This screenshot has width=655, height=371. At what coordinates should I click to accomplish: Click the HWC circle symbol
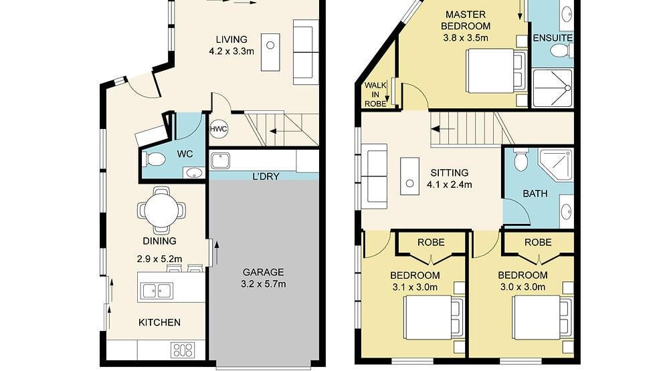pos(219,129)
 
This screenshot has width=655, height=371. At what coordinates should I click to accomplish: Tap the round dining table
pos(161,210)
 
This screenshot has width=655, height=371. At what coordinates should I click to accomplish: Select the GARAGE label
pos(264,272)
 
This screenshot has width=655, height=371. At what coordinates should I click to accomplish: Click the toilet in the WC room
pos(155,159)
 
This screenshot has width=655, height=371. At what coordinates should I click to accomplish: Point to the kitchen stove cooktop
pos(182,350)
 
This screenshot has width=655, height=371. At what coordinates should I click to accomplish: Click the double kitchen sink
pos(156,290)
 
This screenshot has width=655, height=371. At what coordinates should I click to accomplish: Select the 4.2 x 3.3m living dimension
pos(231,51)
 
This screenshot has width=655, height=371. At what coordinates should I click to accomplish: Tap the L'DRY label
pos(266,176)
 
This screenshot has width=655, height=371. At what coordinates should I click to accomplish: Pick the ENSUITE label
pos(553,38)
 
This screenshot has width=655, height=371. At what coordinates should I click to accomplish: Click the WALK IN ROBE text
pos(375,95)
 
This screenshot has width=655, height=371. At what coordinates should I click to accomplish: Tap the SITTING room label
pos(450,172)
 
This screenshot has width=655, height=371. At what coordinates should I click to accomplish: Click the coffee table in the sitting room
pos(409,176)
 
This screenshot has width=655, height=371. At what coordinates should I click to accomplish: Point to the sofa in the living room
pos(306,51)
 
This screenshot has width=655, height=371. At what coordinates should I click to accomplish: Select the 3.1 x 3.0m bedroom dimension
pos(415,287)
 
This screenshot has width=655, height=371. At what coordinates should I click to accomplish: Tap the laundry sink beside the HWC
pos(220,160)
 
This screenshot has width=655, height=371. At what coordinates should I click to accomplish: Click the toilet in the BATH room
pos(521,160)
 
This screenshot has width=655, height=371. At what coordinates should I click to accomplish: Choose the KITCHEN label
pos(159,322)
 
